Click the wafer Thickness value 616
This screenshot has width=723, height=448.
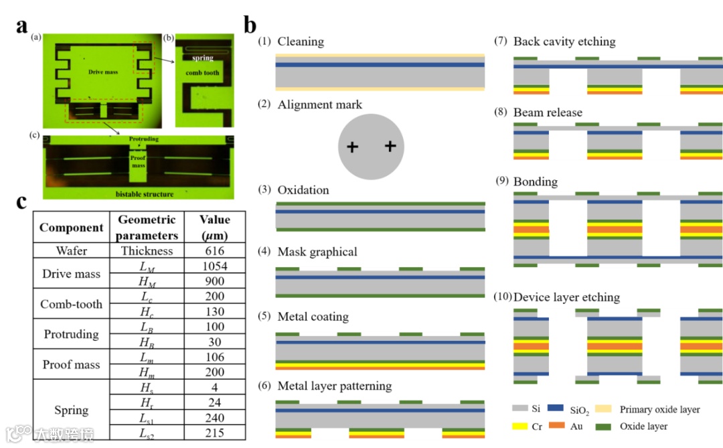tap(214, 250)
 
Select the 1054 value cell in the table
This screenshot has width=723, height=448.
tap(214, 266)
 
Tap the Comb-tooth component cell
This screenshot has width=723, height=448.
tap(71, 304)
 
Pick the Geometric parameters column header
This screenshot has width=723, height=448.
tap(147, 228)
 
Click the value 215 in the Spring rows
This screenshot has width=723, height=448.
tap(214, 433)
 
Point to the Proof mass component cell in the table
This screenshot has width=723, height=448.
tap(71, 365)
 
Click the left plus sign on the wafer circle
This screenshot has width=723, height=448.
tap(351, 147)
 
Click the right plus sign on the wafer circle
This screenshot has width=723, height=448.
tap(391, 146)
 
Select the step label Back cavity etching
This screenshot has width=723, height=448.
tap(564, 42)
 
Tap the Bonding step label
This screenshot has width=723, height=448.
tap(535, 181)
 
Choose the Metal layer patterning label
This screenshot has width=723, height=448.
tap(334, 386)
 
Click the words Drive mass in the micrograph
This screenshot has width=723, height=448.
tap(102, 72)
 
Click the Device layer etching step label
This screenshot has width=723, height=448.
tap(566, 297)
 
